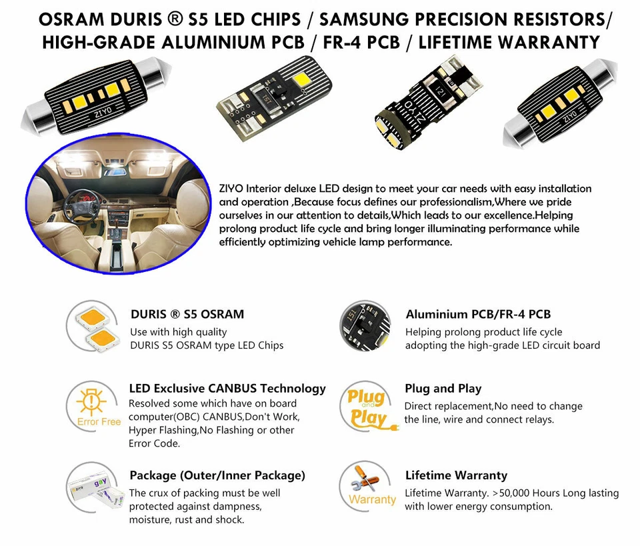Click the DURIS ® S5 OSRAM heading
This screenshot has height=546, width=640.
coord(187,314)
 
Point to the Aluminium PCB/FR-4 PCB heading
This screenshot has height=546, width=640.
coord(478,314)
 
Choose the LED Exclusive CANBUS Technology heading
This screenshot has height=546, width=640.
coord(227,388)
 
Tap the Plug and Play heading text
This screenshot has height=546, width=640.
coord(443,388)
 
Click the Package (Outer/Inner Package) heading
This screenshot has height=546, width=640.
coord(217,475)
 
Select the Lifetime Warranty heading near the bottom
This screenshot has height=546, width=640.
coord(456,475)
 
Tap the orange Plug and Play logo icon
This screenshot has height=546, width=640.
coord(367,407)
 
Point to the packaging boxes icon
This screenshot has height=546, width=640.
coord(93,491)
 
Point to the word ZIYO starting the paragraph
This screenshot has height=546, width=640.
coord(232,189)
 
